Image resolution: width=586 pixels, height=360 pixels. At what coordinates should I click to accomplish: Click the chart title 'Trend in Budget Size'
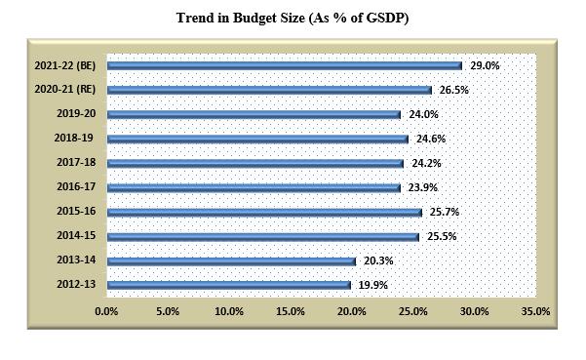click(292, 19)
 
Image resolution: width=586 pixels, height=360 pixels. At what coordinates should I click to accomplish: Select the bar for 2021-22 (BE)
click(284, 65)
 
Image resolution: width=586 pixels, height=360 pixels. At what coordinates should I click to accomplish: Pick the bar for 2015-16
click(264, 212)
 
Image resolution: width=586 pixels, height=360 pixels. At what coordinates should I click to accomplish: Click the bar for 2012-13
click(228, 285)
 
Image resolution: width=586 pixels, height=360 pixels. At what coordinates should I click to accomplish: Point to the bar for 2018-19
click(257, 139)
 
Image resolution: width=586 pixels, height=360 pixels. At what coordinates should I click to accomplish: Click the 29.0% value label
click(485, 65)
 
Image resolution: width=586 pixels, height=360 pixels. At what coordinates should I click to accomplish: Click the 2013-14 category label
click(75, 260)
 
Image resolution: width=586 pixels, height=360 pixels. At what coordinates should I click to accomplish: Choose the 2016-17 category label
click(75, 187)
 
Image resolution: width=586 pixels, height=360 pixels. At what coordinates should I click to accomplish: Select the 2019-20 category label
click(75, 114)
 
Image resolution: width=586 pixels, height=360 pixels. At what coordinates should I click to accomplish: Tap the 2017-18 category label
click(75, 163)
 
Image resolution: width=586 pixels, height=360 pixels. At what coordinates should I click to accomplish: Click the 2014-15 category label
click(75, 236)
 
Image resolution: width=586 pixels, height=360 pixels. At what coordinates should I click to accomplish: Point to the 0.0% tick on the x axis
click(106, 311)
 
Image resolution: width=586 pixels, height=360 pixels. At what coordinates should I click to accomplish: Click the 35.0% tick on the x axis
click(535, 311)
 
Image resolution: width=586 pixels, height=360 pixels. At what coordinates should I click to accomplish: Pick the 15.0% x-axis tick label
click(291, 311)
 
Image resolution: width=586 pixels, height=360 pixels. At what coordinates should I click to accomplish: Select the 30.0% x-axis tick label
click(474, 311)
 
